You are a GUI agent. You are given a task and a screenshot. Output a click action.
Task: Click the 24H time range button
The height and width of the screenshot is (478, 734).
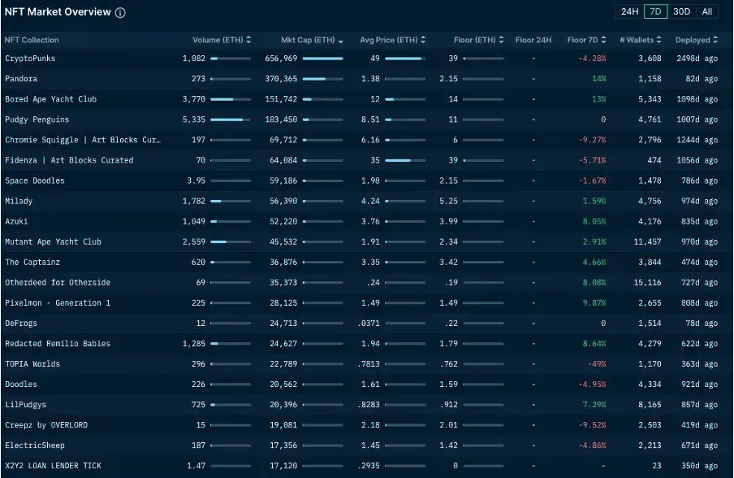pos(629,11)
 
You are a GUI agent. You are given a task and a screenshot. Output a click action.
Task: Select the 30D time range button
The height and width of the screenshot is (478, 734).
pos(682,11)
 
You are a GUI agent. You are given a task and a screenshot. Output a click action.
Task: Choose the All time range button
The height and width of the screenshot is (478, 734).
pos(707,11)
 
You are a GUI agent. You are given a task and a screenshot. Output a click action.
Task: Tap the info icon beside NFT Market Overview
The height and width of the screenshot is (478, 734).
pos(120,13)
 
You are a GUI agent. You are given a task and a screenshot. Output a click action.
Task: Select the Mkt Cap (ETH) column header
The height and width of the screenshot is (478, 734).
pos(312,40)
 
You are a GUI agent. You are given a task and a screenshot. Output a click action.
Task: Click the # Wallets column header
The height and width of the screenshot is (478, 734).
pos(641,40)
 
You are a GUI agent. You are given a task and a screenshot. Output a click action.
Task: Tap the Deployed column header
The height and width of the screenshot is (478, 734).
pos(696,40)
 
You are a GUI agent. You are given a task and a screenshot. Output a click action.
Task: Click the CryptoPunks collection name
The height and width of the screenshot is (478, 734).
pos(30,59)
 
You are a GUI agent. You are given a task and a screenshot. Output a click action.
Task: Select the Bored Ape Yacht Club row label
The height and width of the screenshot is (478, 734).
pos(50,99)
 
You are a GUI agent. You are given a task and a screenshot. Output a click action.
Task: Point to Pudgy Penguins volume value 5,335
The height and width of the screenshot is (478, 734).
pos(194,119)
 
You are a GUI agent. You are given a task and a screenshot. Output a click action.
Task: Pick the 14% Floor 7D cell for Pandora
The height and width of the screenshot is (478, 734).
pos(598,79)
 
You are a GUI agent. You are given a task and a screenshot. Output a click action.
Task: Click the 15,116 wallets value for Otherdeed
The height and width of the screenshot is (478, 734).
pos(646,282)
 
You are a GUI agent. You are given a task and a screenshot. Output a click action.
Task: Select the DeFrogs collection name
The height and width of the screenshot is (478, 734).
pos(21,323)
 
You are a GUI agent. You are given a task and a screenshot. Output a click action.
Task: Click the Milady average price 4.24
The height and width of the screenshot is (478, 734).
pos(370,201)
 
